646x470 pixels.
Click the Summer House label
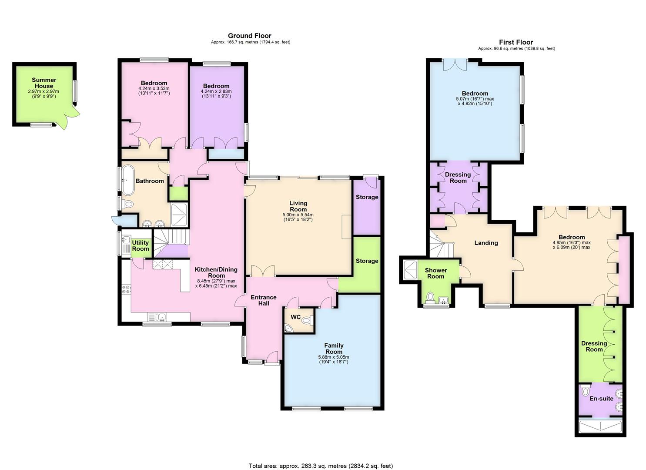tap(44, 83)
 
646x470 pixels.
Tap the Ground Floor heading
tap(249, 36)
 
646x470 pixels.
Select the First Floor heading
tap(516, 42)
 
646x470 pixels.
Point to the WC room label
tap(296, 317)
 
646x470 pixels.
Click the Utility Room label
tap(141, 245)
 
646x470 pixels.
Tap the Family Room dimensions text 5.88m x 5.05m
tap(334, 357)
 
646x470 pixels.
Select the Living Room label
tap(298, 206)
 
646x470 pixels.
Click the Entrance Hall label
tap(264, 300)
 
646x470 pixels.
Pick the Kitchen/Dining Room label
tap(216, 272)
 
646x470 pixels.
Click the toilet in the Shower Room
tap(430, 298)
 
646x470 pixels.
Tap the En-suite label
tap(601, 399)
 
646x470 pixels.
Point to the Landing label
tap(486, 243)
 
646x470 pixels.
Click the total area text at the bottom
tap(321, 457)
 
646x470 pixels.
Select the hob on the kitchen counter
tap(126, 289)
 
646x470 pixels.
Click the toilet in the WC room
tap(307, 320)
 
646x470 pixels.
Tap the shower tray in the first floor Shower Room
tap(410, 270)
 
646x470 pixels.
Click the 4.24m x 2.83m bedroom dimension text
tap(216, 91)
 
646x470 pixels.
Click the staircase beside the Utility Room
tap(171, 243)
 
